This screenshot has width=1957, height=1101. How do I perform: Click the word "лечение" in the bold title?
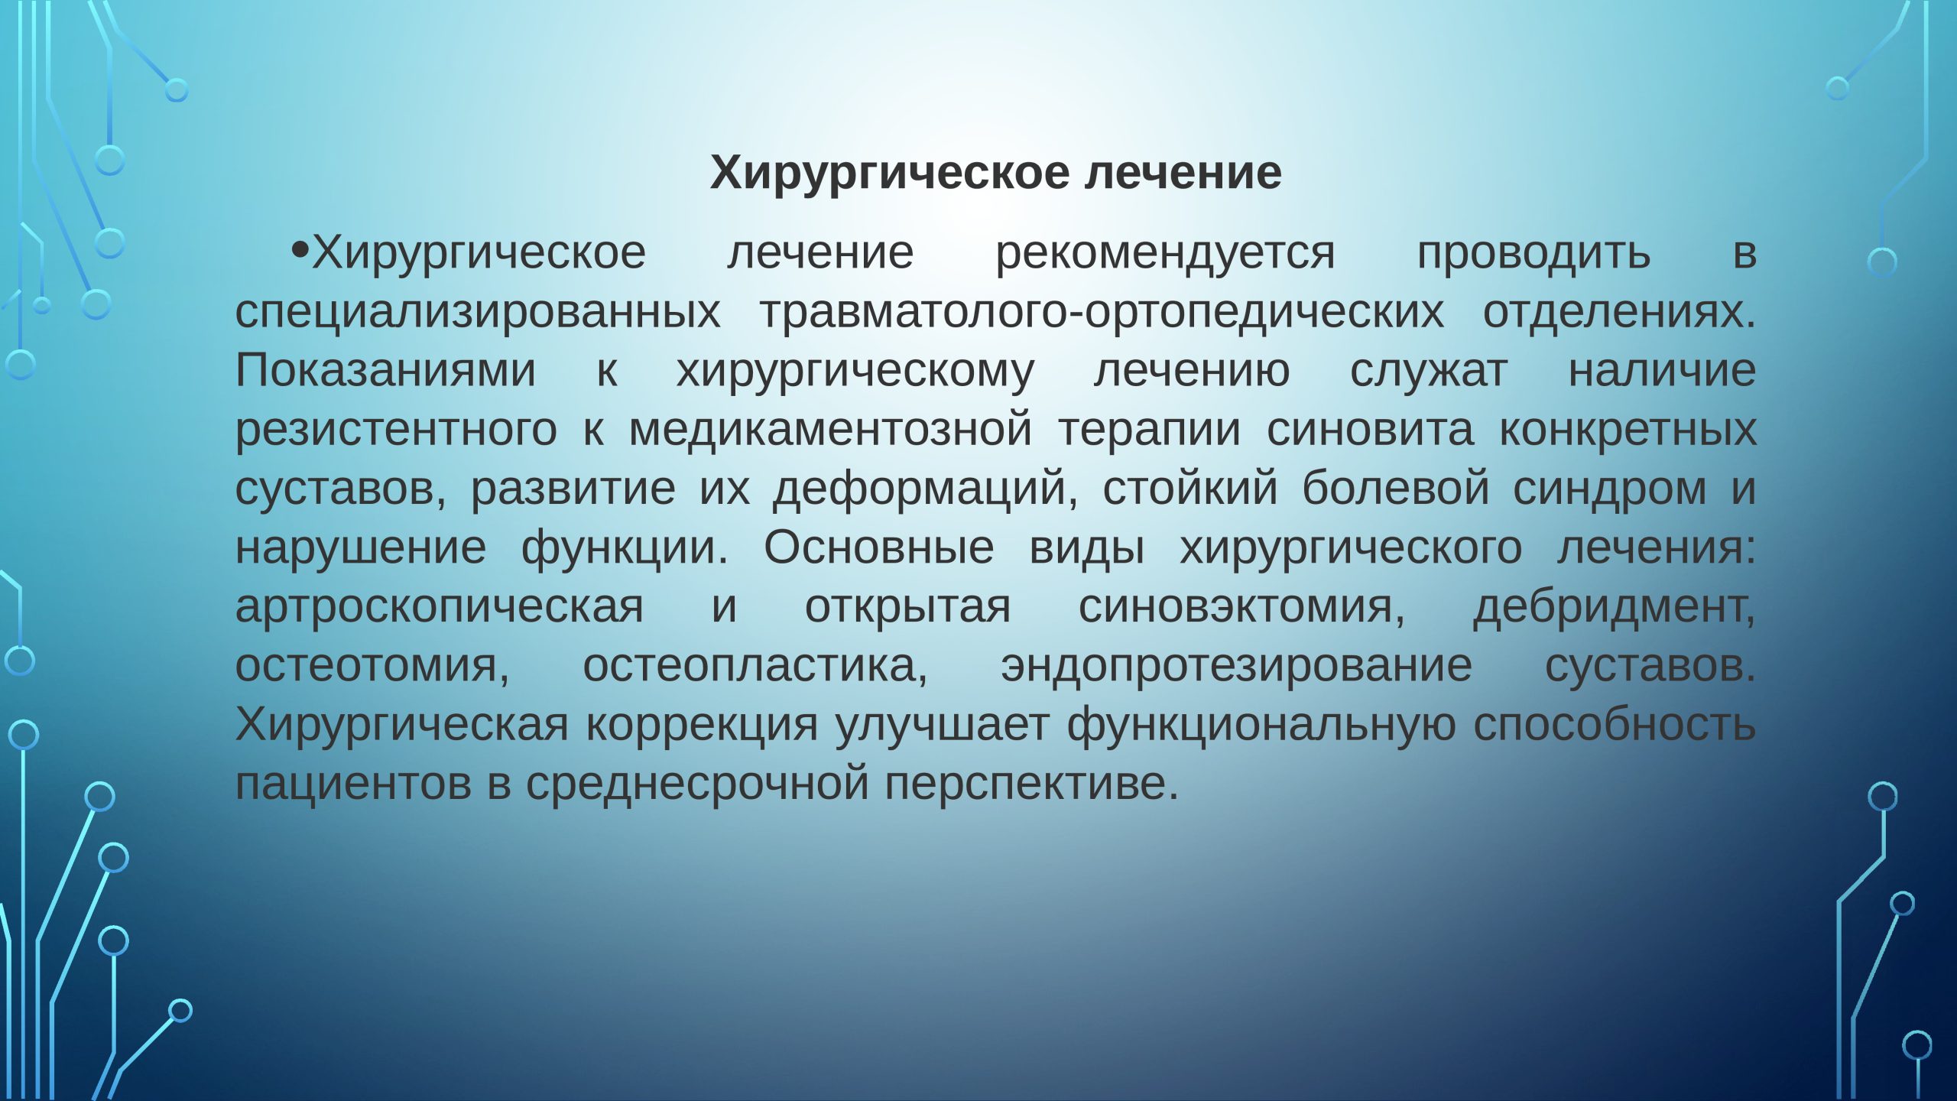pyautogui.click(x=1183, y=173)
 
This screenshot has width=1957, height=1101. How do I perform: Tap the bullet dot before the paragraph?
pyautogui.click(x=300, y=249)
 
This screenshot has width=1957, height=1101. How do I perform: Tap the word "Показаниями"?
pyautogui.click(x=385, y=372)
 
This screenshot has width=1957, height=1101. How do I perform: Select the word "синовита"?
pyautogui.click(x=1370, y=430)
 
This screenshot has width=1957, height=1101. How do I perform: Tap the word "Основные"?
pyautogui.click(x=878, y=548)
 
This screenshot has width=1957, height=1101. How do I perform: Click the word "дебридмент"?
pyautogui.click(x=1614, y=607)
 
